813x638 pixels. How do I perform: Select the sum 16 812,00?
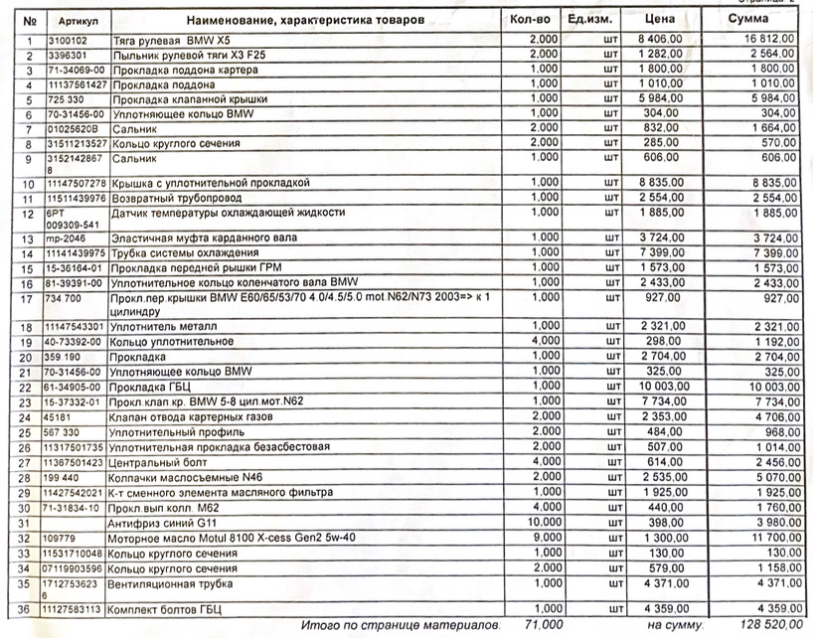coord(765,39)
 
